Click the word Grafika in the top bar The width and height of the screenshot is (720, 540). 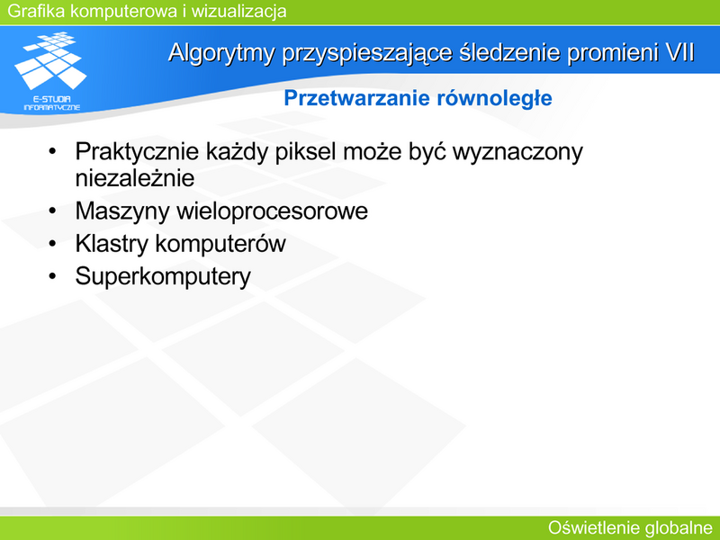(x=36, y=11)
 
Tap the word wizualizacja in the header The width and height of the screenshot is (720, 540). (x=238, y=11)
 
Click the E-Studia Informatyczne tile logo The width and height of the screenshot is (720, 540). (x=51, y=71)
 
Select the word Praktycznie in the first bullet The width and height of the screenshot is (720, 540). (x=137, y=151)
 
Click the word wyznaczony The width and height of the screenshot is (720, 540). (x=517, y=152)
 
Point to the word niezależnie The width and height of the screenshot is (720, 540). (x=135, y=178)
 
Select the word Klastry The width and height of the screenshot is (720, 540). (x=112, y=244)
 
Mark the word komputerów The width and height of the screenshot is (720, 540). (x=220, y=244)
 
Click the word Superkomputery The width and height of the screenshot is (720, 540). (x=163, y=276)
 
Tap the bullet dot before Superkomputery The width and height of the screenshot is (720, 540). (x=52, y=276)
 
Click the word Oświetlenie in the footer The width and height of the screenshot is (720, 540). (x=593, y=528)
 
